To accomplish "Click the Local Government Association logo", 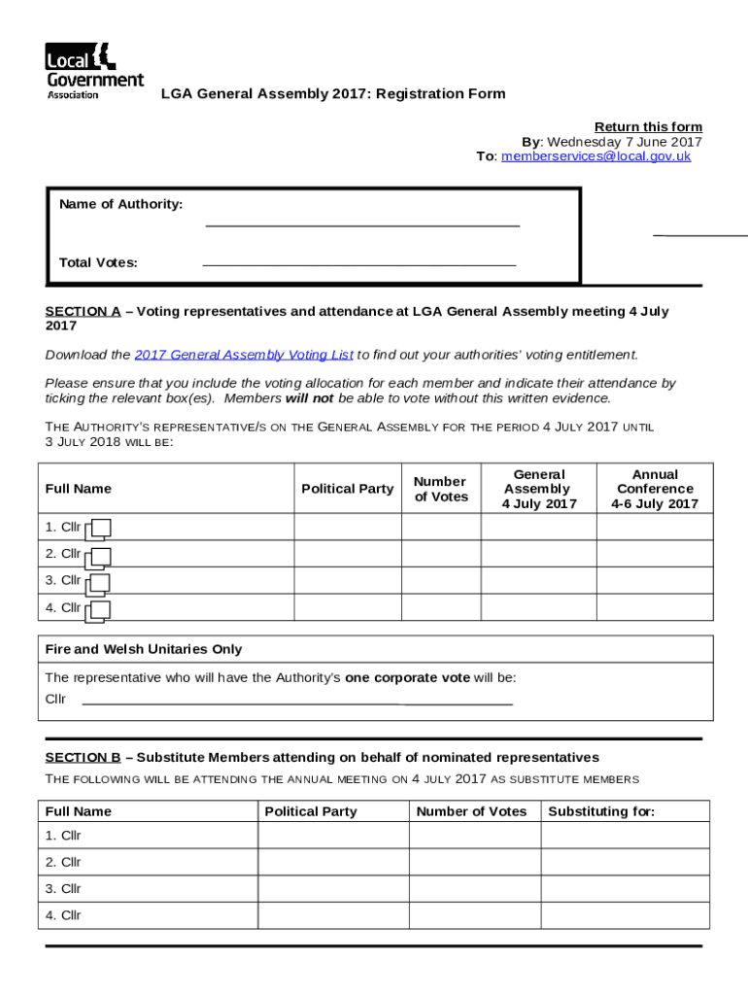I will tap(93, 70).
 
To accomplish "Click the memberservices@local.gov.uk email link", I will tap(595, 156).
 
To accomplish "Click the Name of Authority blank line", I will tap(362, 223).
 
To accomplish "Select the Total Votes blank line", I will tap(358, 262).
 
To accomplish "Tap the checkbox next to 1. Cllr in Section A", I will tap(98, 530).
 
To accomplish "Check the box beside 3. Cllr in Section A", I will tap(98, 583).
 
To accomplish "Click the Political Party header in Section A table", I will tap(347, 489).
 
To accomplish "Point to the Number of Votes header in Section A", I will tap(441, 489).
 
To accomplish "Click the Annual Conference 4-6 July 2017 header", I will tap(655, 489).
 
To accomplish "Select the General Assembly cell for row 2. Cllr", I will tap(538, 554).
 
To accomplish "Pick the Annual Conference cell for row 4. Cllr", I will tap(655, 607).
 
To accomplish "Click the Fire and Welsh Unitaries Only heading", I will tap(144, 649).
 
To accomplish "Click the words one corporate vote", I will tap(407, 678).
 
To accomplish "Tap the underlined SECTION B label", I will tap(83, 757).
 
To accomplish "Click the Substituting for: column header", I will tap(601, 811).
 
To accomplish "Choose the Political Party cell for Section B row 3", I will tap(333, 889).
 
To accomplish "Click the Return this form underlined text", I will tap(648, 127).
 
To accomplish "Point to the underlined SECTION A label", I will tap(83, 312).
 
